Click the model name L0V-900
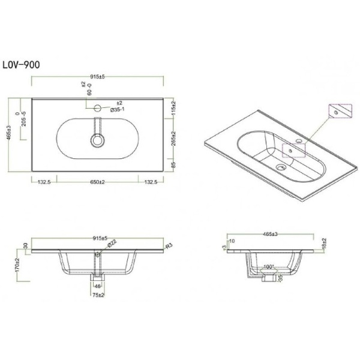(22, 64)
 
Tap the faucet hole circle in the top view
(97, 109)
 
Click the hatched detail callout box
(338, 112)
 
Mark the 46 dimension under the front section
(97, 287)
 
